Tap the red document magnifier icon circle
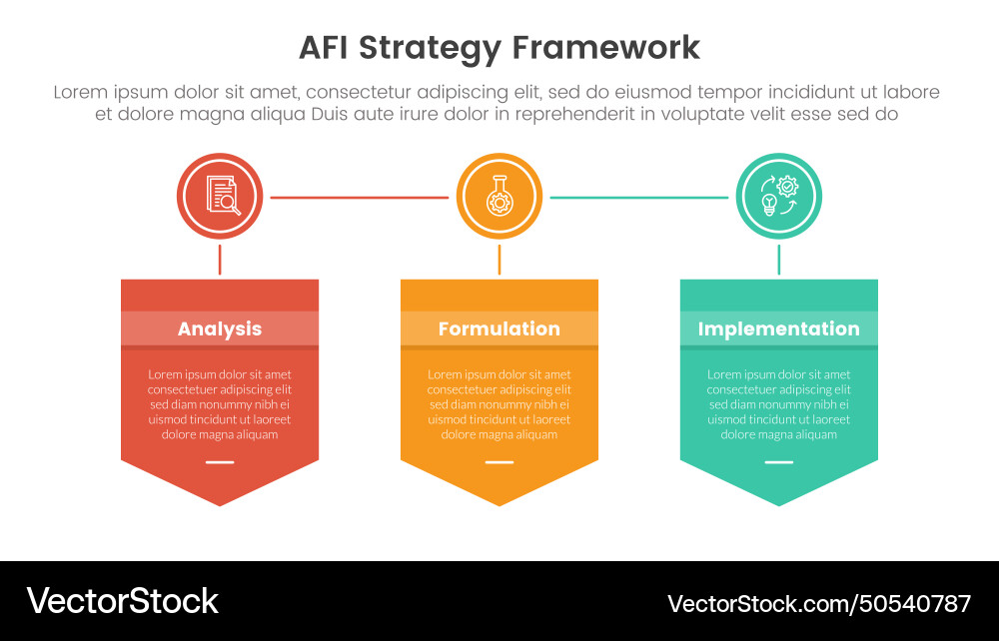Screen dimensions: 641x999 (220, 197)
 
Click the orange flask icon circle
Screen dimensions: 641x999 (499, 197)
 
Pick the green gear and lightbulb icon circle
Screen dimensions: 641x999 (779, 197)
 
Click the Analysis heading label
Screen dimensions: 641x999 (220, 328)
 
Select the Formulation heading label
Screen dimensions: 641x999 (499, 328)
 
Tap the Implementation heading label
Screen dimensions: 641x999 (779, 328)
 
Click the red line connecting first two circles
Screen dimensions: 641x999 (360, 198)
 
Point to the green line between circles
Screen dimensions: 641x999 (639, 198)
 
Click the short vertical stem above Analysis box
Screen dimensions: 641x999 (220, 260)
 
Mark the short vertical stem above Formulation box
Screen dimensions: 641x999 (499, 260)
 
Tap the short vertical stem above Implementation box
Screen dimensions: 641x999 (779, 260)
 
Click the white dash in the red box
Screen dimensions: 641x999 (220, 462)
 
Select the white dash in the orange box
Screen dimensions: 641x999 (499, 462)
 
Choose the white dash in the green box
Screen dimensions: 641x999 (779, 462)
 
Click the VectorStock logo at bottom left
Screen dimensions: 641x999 (122, 601)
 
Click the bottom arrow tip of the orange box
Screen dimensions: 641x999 (499, 502)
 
